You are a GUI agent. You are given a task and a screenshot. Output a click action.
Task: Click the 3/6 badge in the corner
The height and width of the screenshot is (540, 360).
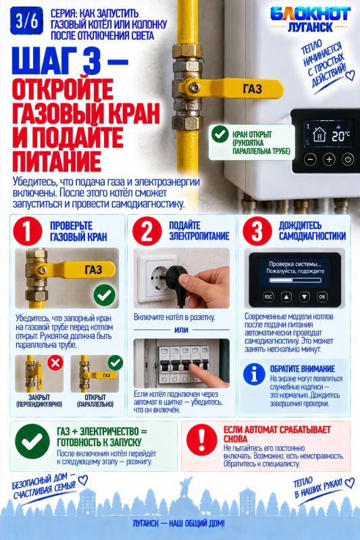click(x=26, y=22)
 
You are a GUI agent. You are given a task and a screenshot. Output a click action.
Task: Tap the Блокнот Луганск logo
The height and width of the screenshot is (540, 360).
click(x=310, y=20)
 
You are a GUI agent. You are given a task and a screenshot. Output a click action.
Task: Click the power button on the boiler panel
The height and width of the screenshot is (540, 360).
click(x=348, y=159)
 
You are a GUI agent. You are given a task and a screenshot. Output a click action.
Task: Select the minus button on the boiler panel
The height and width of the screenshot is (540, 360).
click(x=311, y=159)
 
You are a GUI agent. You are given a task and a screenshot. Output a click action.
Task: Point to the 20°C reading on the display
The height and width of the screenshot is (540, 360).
click(x=340, y=136)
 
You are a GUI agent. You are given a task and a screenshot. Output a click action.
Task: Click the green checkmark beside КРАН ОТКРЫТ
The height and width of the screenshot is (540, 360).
click(x=220, y=134)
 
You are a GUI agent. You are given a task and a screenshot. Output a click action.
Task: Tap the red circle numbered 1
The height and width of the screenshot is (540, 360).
click(x=28, y=231)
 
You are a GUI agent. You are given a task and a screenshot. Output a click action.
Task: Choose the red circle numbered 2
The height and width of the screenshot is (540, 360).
click(x=147, y=231)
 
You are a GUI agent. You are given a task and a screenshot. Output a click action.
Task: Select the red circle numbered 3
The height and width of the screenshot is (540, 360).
click(x=257, y=231)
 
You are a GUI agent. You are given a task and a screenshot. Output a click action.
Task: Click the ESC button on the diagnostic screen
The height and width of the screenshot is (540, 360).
click(x=268, y=296)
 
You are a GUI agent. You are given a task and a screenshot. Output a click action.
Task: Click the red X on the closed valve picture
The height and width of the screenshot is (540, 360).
click(x=55, y=362)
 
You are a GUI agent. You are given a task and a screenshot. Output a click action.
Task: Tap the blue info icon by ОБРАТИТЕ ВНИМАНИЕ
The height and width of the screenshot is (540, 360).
click(x=254, y=374)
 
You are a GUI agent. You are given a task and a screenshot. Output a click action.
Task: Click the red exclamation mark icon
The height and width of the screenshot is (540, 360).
click(x=201, y=440)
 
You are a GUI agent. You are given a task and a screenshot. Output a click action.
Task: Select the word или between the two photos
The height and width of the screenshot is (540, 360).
click(x=181, y=329)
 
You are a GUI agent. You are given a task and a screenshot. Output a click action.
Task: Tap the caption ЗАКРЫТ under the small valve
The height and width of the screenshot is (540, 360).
click(x=39, y=397)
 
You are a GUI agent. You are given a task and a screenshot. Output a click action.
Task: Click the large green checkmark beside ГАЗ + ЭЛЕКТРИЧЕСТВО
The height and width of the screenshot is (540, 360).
click(x=32, y=441)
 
